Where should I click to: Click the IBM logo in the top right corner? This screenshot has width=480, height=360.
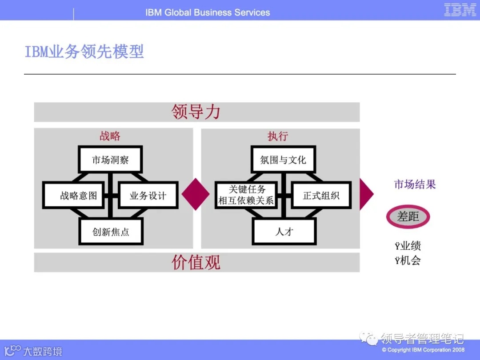[x=460, y=10]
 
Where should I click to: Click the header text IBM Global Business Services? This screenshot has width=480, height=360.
[x=208, y=12]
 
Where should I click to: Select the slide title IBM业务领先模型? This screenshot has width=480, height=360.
[x=84, y=52]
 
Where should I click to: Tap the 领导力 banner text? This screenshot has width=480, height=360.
[x=196, y=112]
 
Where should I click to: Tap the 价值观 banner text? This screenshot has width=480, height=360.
[x=196, y=262]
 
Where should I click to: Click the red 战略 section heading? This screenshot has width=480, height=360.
[x=110, y=136]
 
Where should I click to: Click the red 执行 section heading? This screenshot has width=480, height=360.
[x=277, y=136]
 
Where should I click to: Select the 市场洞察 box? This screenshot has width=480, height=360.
[x=110, y=160]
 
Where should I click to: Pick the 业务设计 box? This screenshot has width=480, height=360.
[x=148, y=195]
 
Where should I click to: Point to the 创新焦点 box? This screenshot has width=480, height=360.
[x=111, y=231]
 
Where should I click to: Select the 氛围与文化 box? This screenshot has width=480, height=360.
[x=283, y=160]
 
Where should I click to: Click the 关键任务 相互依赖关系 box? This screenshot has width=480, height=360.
[x=246, y=195]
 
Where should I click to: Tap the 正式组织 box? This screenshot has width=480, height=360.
[x=321, y=195]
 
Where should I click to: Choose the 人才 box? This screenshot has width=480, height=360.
[x=284, y=231]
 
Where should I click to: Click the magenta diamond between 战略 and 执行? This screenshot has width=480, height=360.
[x=196, y=194]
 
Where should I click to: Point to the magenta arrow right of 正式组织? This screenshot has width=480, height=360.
[x=365, y=194]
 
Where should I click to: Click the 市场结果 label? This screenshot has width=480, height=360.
[x=415, y=184]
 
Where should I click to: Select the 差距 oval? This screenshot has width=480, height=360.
[x=408, y=216]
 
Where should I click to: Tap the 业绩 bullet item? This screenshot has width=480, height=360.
[x=408, y=246]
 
